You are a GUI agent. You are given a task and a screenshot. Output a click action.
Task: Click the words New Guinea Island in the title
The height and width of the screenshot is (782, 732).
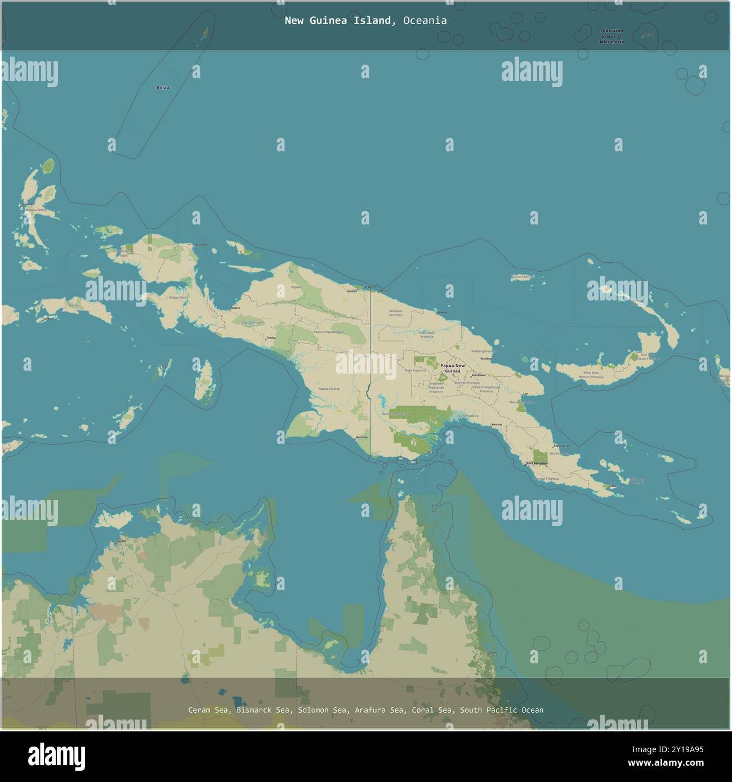pos(338,21)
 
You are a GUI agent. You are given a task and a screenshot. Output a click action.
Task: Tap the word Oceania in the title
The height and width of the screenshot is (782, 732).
pos(425,21)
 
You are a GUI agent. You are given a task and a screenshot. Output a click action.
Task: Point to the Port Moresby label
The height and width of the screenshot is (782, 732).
pos(536,464)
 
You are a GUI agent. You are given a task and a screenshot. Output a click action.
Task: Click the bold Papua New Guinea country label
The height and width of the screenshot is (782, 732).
pos(453,368)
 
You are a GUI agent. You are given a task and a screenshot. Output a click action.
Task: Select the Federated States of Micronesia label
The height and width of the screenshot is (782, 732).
pos(612,37)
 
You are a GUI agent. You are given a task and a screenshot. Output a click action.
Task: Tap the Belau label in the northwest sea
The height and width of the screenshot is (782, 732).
pos(163,88)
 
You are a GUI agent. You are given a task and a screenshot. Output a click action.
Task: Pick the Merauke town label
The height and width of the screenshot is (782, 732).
pos(361,437)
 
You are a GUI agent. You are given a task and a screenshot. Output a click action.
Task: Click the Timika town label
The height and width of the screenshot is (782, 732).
pos(271,338)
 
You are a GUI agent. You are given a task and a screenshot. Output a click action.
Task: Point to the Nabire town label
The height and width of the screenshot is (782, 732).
pos(235,308)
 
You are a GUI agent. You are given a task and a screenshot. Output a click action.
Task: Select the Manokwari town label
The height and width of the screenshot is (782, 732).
pos(201,245)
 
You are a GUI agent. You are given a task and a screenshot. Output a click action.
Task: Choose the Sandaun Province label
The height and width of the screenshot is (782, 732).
pos(395,313)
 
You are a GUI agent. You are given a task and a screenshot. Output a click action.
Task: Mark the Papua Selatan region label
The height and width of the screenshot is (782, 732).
pos(329,389)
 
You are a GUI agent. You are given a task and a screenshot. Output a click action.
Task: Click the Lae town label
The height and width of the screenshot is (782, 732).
pos(525,394)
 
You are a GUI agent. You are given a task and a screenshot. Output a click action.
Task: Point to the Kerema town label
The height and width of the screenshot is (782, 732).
pos(496,424)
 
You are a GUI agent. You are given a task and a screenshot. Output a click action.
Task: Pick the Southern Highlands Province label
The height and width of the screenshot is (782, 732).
pos(436,388)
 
